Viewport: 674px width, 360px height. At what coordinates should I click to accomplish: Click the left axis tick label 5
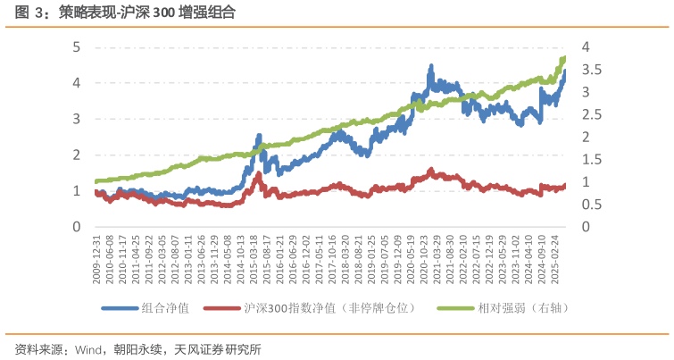77,46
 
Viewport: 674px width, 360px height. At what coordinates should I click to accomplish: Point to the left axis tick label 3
77,119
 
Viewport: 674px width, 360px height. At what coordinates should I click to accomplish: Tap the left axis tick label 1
77,191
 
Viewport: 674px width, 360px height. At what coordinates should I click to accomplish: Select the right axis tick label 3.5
591,70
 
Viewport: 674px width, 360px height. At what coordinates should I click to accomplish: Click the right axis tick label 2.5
591,114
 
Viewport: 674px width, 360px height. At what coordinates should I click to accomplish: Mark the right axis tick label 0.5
591,205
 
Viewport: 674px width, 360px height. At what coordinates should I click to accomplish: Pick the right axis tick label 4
586,46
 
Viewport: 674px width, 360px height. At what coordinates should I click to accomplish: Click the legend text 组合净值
165,309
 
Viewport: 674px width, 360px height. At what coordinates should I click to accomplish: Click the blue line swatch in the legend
120,309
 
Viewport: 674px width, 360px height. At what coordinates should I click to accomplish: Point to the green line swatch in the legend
455,309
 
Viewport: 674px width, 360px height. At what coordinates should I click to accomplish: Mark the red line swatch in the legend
221,309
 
